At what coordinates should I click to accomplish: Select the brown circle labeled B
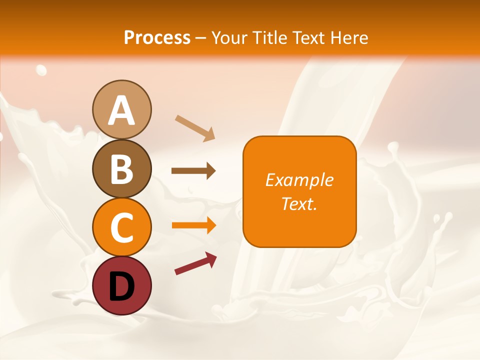click(x=122, y=168)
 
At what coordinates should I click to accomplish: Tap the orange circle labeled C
click(x=122, y=227)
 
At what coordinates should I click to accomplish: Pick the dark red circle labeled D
click(x=122, y=285)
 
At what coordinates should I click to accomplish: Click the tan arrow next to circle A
click(x=195, y=128)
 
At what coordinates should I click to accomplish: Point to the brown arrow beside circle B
click(x=193, y=171)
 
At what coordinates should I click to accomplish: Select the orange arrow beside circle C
click(x=194, y=225)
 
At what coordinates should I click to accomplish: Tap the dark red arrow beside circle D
click(x=195, y=263)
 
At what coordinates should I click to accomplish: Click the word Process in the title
click(x=157, y=37)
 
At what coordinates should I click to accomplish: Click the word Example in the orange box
click(x=299, y=180)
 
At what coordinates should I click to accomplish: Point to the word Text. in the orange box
click(x=299, y=203)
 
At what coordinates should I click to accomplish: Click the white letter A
click(x=122, y=110)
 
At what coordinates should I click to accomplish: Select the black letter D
click(x=122, y=286)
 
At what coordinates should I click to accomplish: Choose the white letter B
click(x=122, y=169)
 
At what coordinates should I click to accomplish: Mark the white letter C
click(x=122, y=227)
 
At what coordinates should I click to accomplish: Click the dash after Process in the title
click(x=201, y=38)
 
